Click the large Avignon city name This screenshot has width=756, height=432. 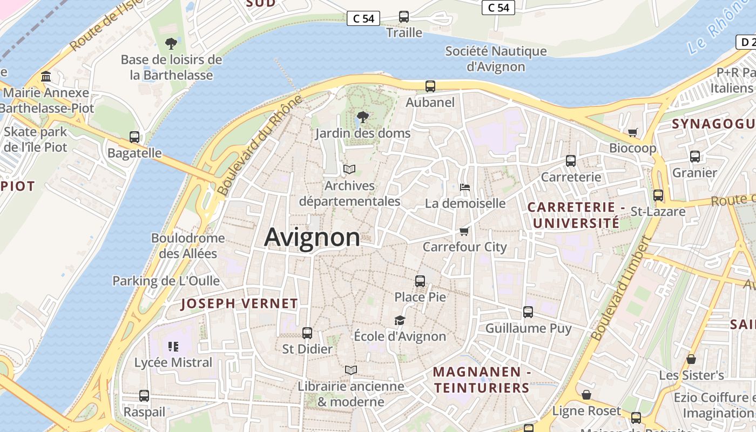[x=312, y=238]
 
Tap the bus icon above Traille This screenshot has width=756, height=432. [x=404, y=17]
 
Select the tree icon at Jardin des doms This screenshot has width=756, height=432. [x=363, y=117]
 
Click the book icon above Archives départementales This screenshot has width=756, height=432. [x=349, y=170]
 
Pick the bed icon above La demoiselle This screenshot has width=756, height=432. [x=465, y=187]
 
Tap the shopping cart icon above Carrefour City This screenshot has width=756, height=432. [x=464, y=232]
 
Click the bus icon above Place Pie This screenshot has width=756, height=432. [x=420, y=281]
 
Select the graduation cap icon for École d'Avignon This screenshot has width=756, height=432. [x=400, y=321]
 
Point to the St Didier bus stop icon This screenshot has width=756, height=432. [x=307, y=333]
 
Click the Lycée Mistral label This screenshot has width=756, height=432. [x=173, y=362]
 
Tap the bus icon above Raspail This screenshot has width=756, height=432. [x=144, y=396]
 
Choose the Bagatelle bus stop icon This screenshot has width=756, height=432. [x=134, y=137]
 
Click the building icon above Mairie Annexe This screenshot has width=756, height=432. [x=46, y=77]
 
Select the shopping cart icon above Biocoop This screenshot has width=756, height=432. [x=632, y=132]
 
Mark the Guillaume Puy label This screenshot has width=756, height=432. [x=528, y=328]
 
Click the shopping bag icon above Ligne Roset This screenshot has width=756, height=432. [x=586, y=395]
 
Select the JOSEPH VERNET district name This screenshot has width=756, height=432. [x=239, y=303]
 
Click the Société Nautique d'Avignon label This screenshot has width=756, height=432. [x=496, y=59]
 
